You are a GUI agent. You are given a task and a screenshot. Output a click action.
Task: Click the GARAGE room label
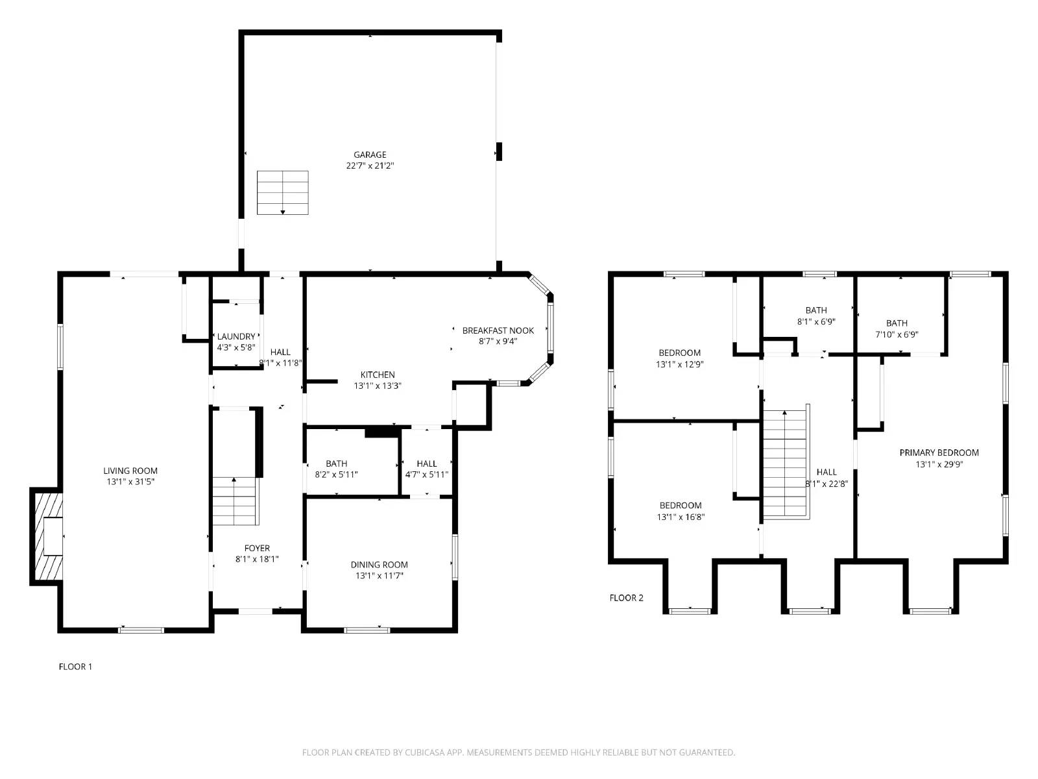click(370, 155)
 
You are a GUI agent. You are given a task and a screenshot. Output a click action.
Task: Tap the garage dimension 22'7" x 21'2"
click(370, 166)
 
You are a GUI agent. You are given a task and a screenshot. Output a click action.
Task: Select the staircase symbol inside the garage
click(282, 193)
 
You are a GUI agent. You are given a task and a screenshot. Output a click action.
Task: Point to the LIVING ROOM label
click(130, 471)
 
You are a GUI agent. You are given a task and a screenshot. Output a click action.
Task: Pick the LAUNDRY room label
click(235, 336)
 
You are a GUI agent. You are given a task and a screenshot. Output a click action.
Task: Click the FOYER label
click(257, 548)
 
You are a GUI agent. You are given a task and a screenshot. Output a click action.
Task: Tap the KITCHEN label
click(378, 375)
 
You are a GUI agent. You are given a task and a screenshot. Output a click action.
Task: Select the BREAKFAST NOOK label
click(498, 330)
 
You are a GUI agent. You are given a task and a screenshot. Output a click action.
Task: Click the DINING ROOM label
click(379, 565)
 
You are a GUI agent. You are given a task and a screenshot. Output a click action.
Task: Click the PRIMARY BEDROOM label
click(939, 452)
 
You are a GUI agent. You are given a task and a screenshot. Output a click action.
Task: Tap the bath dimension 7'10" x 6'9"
click(897, 334)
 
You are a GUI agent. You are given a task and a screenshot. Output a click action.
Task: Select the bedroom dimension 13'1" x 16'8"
click(681, 517)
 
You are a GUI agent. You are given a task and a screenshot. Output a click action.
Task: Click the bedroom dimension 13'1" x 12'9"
click(679, 364)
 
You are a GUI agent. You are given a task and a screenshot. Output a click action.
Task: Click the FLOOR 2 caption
click(626, 598)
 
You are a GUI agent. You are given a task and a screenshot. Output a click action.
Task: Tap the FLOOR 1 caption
click(75, 667)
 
